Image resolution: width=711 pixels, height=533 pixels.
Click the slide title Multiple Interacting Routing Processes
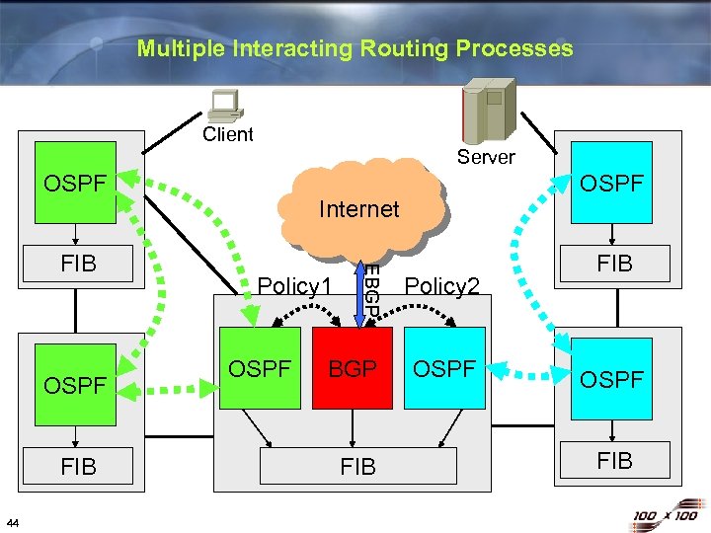355,48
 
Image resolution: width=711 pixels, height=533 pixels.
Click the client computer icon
226,106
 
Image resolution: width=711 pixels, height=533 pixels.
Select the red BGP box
354,368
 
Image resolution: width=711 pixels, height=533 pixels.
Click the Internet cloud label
358,208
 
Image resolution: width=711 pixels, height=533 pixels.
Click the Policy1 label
293,286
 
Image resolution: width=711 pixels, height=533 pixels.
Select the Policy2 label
442,286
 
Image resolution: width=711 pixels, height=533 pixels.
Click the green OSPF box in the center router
261,368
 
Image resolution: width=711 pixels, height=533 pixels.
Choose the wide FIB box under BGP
357,466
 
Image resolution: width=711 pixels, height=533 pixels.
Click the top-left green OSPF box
75,184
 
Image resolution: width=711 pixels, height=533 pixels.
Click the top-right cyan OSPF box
612,184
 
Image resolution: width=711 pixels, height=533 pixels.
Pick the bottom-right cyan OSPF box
612,379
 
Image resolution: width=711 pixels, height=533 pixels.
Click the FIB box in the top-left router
78,265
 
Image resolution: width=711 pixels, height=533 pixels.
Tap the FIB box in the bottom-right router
613,460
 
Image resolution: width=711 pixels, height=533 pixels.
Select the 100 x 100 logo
665,515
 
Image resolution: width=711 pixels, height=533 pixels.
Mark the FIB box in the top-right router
613,264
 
